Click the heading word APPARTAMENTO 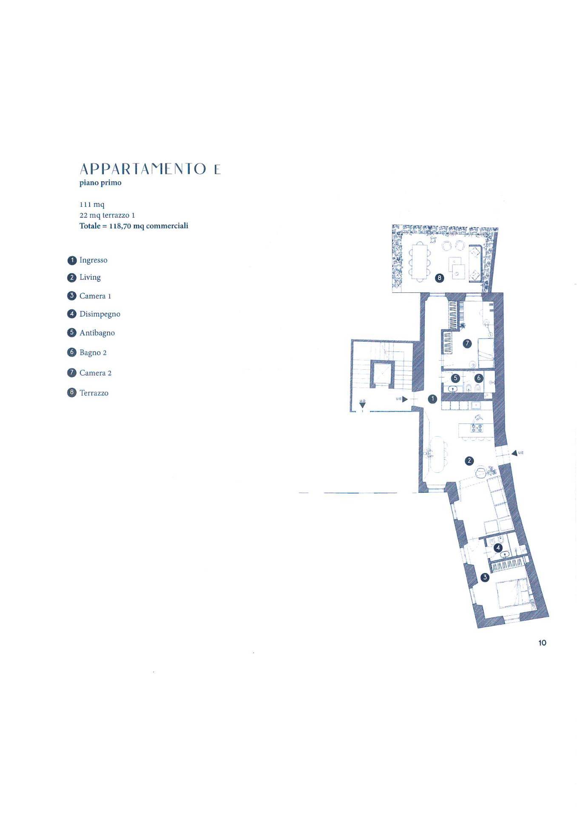(x=143, y=169)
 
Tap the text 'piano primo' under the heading (x=100, y=183)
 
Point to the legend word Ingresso (x=93, y=260)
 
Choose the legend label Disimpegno (x=100, y=314)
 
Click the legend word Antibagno (x=97, y=333)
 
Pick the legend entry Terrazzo (x=94, y=393)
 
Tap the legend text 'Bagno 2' (x=93, y=352)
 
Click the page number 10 (x=542, y=643)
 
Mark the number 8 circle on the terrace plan (x=440, y=278)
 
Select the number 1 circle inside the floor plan (x=432, y=399)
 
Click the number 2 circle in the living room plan (x=469, y=461)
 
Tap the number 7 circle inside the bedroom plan (x=467, y=343)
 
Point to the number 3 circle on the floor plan (x=485, y=577)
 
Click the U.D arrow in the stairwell (x=362, y=405)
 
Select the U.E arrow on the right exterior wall (x=514, y=453)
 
